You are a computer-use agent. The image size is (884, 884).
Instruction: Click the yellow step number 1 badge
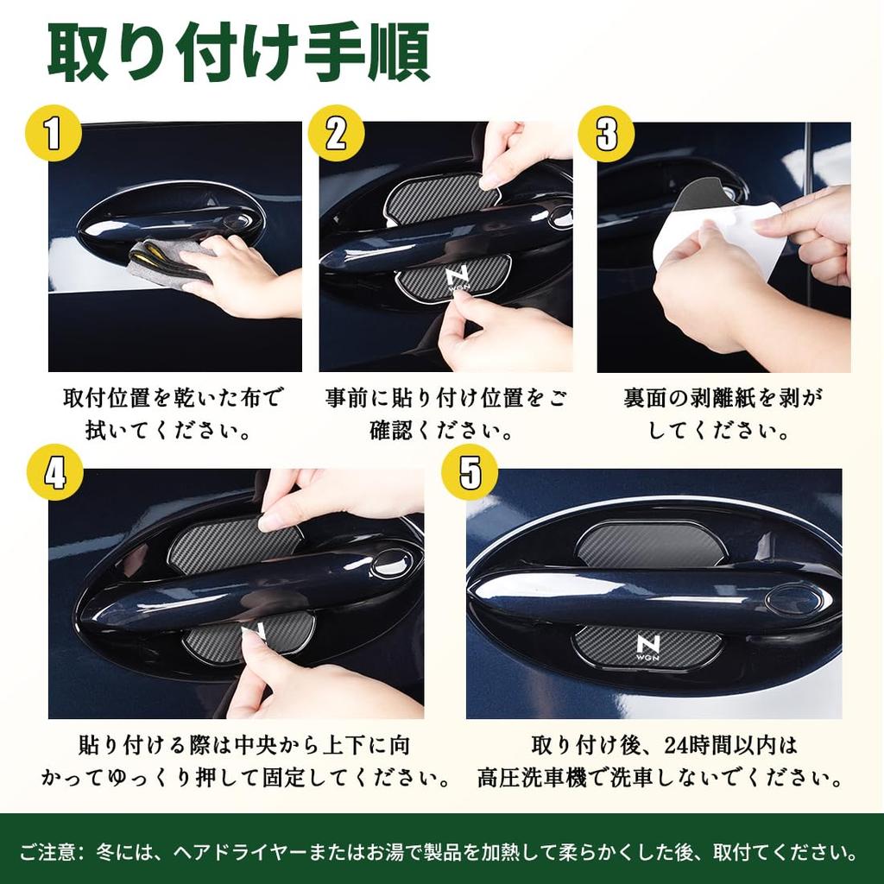tap(53, 134)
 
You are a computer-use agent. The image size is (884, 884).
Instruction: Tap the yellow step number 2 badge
tap(336, 134)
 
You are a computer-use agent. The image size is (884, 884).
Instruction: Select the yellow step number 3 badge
tap(606, 134)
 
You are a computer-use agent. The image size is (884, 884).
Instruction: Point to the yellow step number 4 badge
tap(54, 474)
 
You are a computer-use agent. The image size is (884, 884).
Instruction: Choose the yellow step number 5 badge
tap(469, 474)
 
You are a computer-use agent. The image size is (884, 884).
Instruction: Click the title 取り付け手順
tap(238, 54)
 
